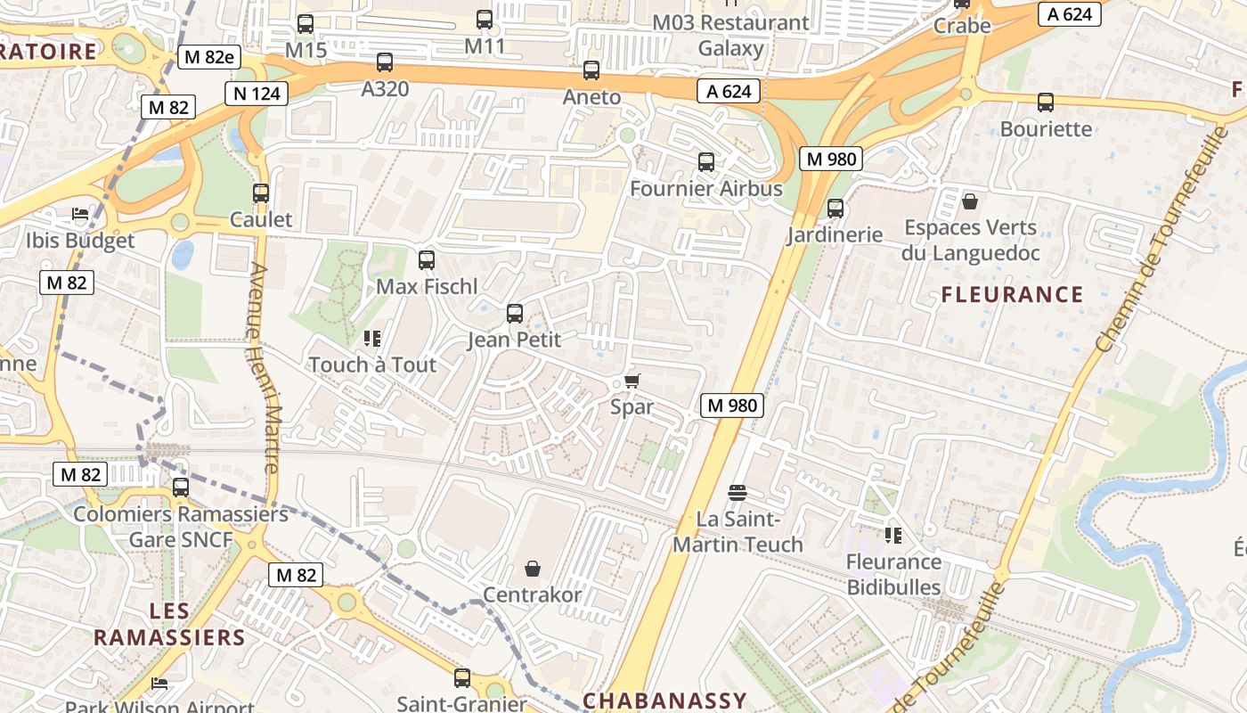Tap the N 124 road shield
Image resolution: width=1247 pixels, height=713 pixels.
point(257,94)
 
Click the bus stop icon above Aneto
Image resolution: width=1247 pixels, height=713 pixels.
point(591,70)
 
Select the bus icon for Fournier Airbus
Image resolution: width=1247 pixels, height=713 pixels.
point(706,162)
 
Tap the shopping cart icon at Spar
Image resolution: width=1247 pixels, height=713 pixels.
point(632,381)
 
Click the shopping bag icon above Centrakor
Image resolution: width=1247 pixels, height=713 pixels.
point(533,569)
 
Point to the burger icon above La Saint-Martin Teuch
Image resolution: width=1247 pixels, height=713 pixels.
point(737,492)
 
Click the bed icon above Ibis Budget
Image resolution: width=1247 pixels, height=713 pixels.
point(80,215)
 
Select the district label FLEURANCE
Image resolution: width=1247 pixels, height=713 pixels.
point(1012,295)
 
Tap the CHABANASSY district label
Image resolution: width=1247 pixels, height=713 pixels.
point(664,701)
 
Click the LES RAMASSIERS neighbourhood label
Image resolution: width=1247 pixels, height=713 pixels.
point(169,624)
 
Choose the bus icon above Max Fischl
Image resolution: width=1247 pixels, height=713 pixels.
point(427,260)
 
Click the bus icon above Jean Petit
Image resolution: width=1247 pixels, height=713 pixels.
point(515,314)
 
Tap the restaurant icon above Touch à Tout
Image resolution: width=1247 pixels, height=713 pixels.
point(372,339)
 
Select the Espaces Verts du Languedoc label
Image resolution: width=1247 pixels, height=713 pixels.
point(970,241)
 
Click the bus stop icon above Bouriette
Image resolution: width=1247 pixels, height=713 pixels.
point(1046,102)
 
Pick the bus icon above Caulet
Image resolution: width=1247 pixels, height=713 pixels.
point(261,193)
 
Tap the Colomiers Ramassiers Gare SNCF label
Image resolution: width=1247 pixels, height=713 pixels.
point(181,527)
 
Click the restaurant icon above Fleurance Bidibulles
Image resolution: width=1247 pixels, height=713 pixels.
point(893,536)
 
